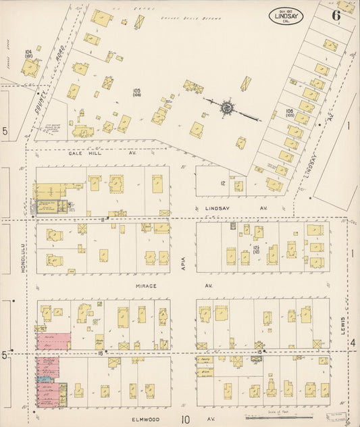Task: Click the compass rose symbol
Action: [x=228, y=107]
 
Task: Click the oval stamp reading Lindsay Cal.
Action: [x=286, y=15]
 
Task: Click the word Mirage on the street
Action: [x=145, y=286]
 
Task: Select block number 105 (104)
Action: [x=136, y=93]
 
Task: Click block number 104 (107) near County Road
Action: [x=28, y=53]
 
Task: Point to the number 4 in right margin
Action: [x=352, y=343]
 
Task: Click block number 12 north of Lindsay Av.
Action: [x=222, y=183]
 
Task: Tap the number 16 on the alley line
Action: [x=99, y=353]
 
